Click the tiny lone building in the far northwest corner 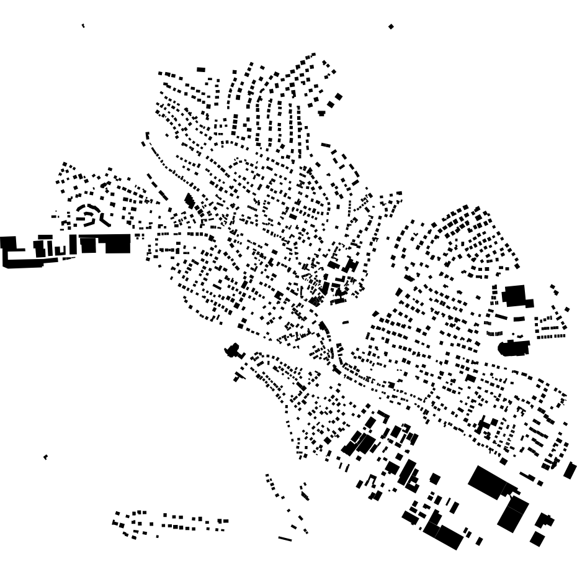click(x=83, y=25)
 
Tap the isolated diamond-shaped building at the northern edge click(x=391, y=27)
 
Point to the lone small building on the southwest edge click(x=45, y=457)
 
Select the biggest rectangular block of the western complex click(x=117, y=244)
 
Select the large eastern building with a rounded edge click(x=514, y=347)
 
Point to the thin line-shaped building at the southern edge click(x=285, y=539)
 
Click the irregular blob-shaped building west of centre click(x=233, y=351)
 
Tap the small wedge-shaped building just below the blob click(x=239, y=376)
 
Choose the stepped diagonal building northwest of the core click(x=189, y=201)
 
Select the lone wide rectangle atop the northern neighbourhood click(x=201, y=70)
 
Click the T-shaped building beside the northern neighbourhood click(x=321, y=112)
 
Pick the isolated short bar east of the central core click(x=345, y=322)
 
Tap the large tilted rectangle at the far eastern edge click(x=570, y=471)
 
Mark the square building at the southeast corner click(x=537, y=539)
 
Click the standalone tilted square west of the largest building click(x=435, y=479)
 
